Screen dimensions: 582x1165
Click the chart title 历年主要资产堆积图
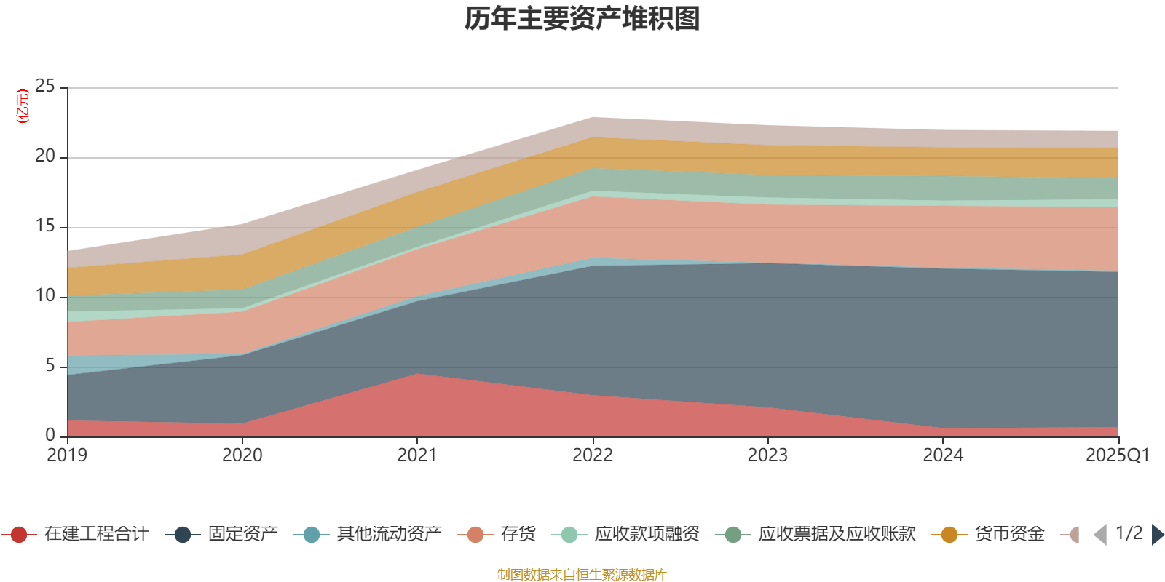tap(582, 19)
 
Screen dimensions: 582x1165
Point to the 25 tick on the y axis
tap(45, 87)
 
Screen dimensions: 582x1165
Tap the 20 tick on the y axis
tap(45, 156)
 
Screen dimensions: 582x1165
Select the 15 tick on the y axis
tap(45, 226)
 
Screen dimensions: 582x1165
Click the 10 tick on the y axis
tap(45, 296)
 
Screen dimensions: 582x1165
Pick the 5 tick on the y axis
tap(50, 366)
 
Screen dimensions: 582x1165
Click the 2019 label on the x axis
tap(67, 455)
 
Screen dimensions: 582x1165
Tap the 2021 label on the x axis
tap(417, 455)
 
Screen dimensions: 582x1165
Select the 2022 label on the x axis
tap(593, 455)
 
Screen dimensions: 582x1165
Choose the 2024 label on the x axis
tap(943, 455)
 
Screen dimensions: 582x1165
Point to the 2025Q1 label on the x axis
tap(1117, 455)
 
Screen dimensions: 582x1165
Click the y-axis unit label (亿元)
tap(23, 106)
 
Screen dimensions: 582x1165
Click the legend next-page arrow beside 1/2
tap(1158, 535)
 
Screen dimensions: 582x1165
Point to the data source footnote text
tap(582, 575)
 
